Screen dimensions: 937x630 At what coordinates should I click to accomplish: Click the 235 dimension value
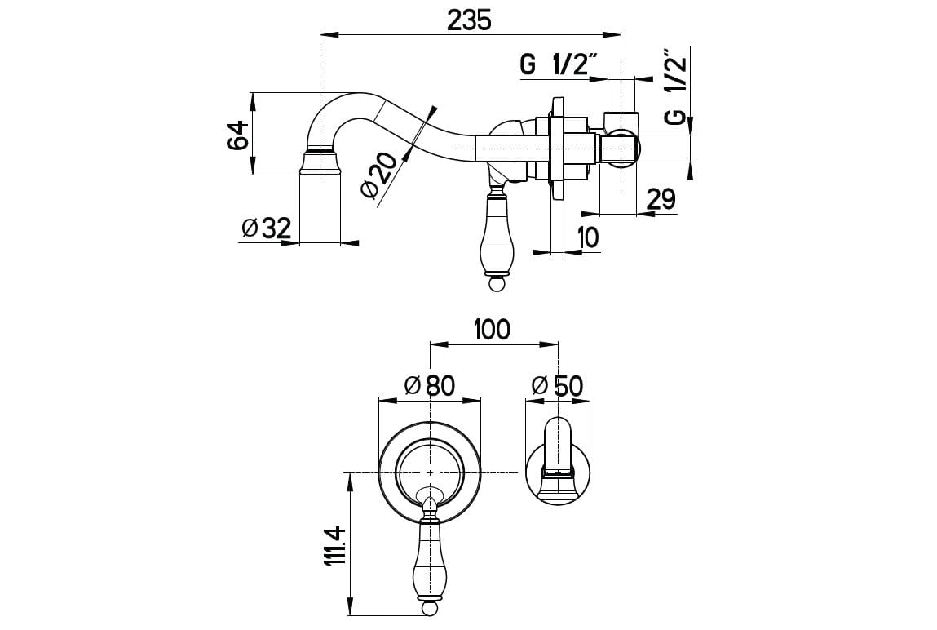tap(469, 20)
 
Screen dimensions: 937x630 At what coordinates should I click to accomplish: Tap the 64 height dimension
tap(237, 135)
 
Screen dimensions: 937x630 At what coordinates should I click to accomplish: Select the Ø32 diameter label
tap(266, 228)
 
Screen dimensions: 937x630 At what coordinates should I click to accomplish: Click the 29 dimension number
tap(661, 198)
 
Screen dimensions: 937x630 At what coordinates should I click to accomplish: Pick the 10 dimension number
tap(588, 238)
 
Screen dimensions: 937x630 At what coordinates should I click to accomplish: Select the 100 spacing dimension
tap(493, 330)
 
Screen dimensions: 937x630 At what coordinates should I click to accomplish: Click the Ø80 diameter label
tap(429, 385)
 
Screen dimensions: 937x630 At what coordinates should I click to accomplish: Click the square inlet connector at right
tap(619, 147)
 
